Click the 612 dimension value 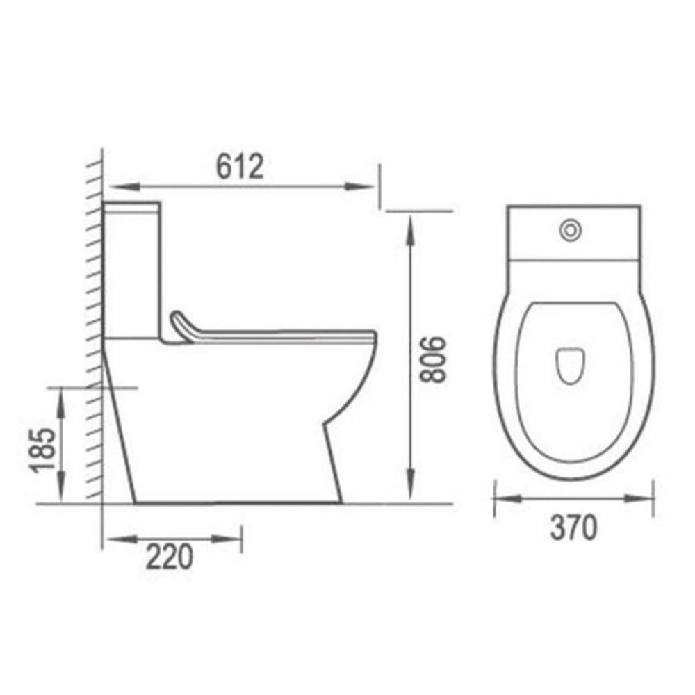239,167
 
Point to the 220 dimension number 169,558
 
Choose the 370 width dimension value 573,529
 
